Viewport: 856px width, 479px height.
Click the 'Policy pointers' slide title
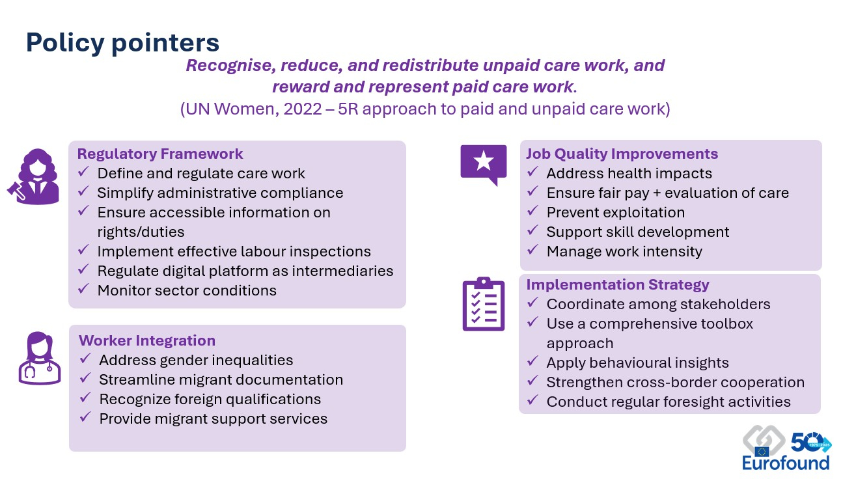[x=122, y=43]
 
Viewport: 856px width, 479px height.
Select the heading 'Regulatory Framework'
[x=160, y=154]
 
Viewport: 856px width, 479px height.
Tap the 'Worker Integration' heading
[x=147, y=340]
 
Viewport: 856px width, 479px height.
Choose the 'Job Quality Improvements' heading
[x=622, y=154]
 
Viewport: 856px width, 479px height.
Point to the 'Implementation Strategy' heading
[x=618, y=284]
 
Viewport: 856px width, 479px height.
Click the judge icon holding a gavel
[x=34, y=176]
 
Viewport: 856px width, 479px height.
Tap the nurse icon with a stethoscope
[x=40, y=358]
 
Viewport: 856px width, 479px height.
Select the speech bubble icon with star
[x=484, y=165]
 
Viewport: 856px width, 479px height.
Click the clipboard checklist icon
[x=484, y=304]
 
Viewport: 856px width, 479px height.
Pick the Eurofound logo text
[x=786, y=463]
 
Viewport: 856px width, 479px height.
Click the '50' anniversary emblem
[x=811, y=443]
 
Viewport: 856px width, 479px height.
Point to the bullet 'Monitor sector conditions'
[x=187, y=291]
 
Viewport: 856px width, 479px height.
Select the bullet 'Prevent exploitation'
[x=616, y=213]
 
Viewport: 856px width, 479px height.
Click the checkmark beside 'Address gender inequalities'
[x=85, y=359]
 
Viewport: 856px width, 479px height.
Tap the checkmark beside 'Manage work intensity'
[x=532, y=250]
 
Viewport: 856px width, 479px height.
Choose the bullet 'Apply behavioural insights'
[x=638, y=363]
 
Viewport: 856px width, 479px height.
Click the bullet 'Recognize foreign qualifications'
[x=210, y=400]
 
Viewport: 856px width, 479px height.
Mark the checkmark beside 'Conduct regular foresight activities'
[x=532, y=400]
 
